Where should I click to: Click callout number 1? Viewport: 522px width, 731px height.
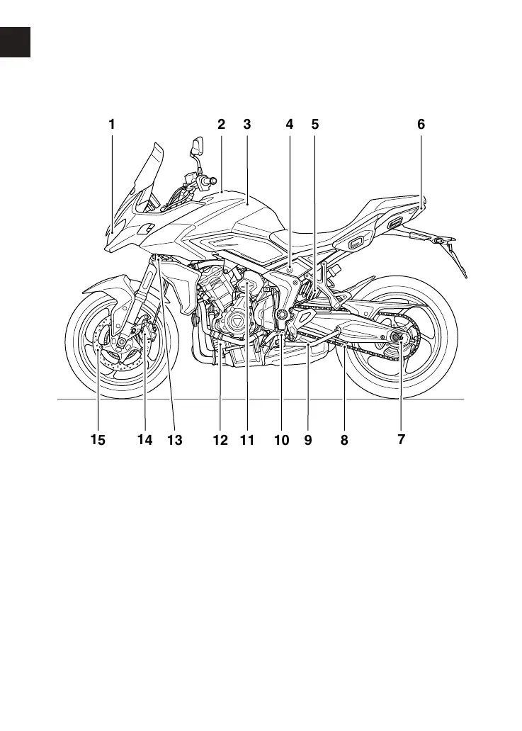(111, 124)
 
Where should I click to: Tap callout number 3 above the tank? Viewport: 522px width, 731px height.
(246, 124)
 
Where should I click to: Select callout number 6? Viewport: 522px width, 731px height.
(421, 124)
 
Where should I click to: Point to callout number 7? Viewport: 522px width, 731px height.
(401, 439)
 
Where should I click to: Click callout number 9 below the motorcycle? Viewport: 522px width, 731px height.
(308, 439)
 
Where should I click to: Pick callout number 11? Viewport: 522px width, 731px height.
(246, 439)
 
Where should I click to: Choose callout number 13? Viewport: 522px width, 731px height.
(175, 439)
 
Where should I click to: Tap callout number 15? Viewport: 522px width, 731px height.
(97, 439)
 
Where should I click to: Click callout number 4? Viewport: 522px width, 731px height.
(289, 124)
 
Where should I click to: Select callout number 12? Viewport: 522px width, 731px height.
(220, 439)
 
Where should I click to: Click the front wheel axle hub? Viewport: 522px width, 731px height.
(122, 343)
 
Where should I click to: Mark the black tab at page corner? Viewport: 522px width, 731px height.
(15, 42)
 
